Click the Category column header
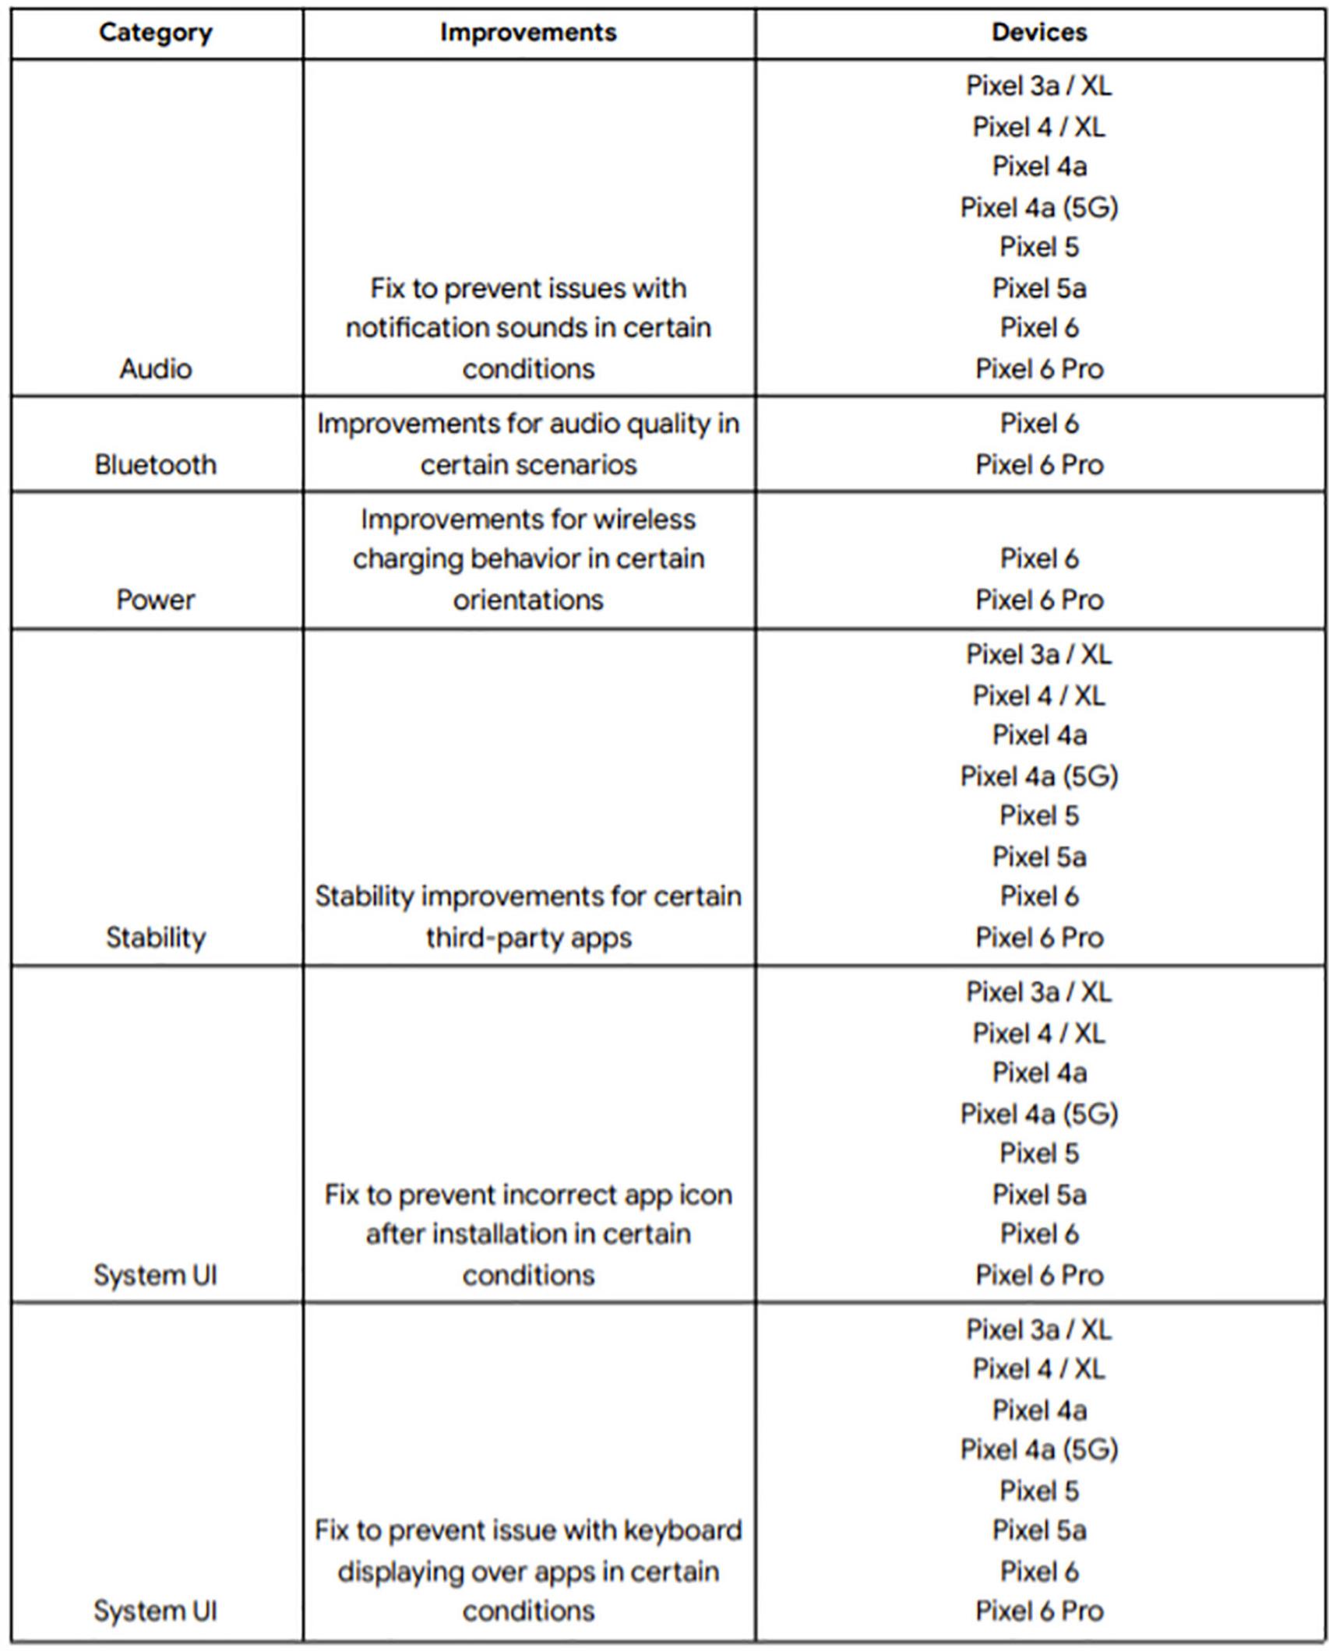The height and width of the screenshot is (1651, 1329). (x=155, y=33)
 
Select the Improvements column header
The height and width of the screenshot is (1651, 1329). (x=528, y=33)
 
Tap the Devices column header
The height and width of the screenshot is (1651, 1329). (x=1039, y=33)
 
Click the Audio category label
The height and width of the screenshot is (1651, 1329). (x=155, y=368)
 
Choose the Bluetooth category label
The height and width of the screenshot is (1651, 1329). (x=155, y=465)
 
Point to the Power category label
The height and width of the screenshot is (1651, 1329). (x=155, y=600)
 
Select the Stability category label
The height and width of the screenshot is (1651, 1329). (x=155, y=937)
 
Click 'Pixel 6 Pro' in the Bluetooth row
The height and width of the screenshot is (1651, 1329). (x=1039, y=465)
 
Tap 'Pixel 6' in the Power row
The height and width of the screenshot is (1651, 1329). (x=1039, y=558)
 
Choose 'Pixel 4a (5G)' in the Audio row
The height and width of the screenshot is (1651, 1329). (x=1039, y=207)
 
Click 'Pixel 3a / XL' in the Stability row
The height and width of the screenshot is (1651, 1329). (x=1039, y=654)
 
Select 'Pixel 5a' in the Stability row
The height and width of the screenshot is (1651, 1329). (x=1039, y=857)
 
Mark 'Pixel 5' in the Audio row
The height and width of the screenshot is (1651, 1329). (x=1039, y=248)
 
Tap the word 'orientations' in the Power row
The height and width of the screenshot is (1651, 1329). (x=528, y=600)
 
